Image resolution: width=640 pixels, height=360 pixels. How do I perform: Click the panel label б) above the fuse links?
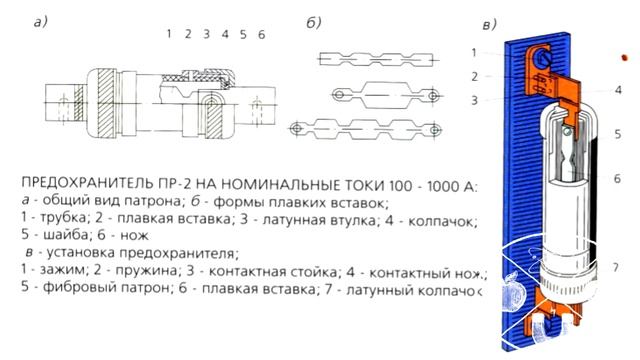341,23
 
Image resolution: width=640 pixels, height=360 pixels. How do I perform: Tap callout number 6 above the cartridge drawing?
261,34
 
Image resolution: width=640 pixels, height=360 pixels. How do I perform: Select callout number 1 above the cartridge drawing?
170,34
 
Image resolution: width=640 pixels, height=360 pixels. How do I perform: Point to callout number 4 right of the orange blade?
619,88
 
